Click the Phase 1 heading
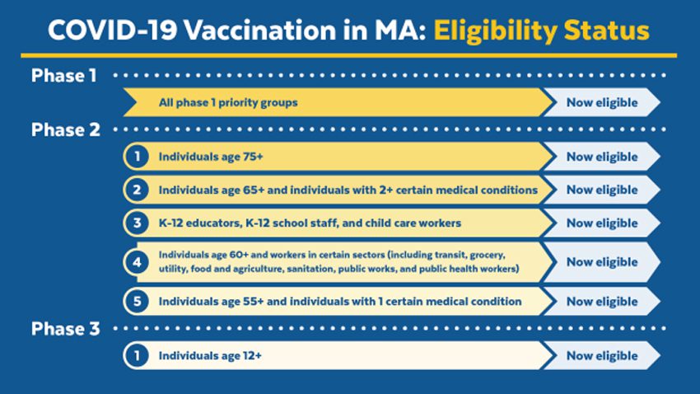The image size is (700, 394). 64,76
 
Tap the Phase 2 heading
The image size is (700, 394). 66,130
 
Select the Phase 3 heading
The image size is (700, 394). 66,329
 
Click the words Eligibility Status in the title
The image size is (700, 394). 542,31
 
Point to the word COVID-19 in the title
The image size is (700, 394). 113,30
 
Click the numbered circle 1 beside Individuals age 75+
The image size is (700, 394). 137,157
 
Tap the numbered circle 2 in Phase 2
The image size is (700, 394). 137,190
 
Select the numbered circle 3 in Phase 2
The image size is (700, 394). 137,223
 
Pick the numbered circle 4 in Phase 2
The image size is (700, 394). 137,262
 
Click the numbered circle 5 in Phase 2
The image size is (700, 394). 137,302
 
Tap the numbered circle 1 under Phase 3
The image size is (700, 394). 137,355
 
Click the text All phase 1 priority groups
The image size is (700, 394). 228,103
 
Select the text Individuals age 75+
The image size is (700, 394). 211,157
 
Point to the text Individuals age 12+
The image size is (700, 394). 210,355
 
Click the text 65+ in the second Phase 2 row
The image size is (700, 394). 254,190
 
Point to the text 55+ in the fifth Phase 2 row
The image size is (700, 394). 253,302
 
